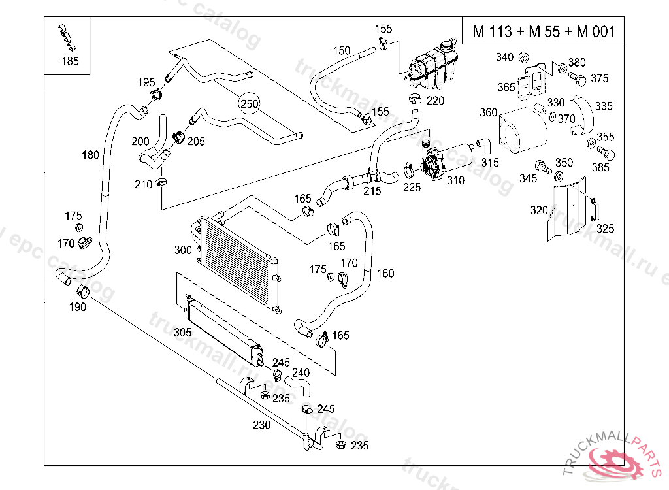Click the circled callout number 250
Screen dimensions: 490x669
[249, 104]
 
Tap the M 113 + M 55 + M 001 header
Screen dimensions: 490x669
[539, 32]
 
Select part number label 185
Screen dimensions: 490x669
[70, 61]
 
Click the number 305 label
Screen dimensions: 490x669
[183, 332]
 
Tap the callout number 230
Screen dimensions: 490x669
[262, 425]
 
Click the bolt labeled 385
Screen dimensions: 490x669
[606, 154]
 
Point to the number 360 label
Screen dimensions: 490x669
[489, 112]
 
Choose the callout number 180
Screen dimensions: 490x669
[91, 155]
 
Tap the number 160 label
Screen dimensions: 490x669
[385, 273]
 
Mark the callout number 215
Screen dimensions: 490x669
[372, 191]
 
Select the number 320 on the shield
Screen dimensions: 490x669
[539, 210]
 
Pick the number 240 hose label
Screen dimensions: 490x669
[301, 373]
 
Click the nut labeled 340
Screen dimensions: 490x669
[525, 57]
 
